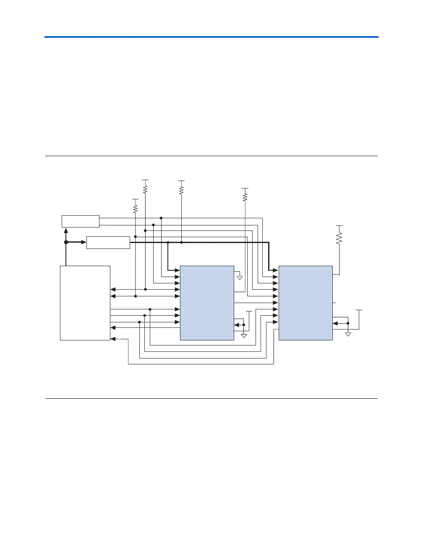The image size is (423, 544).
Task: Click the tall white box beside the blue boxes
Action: coord(85,303)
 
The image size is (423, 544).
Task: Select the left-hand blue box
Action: coord(207,303)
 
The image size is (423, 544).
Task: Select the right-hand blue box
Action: coord(305,303)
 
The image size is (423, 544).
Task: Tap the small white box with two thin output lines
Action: coord(81,221)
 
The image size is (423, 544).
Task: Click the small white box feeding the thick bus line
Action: coord(108,243)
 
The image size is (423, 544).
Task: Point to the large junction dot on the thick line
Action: coord(66,242)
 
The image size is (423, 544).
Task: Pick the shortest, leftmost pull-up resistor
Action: coord(135,209)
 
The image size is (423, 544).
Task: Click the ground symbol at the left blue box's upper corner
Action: coord(240,277)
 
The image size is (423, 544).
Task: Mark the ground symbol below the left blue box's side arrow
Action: coord(244,335)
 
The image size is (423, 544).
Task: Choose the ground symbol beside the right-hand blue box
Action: coord(348,334)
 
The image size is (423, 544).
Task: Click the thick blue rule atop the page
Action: coord(211,37)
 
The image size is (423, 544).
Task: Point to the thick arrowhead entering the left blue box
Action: coord(178,271)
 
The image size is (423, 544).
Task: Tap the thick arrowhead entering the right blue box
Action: coord(276,271)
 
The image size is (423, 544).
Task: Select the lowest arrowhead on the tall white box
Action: coord(112,339)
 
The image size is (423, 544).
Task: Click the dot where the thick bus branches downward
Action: coord(168,243)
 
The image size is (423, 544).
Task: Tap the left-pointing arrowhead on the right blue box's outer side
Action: coord(335,323)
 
